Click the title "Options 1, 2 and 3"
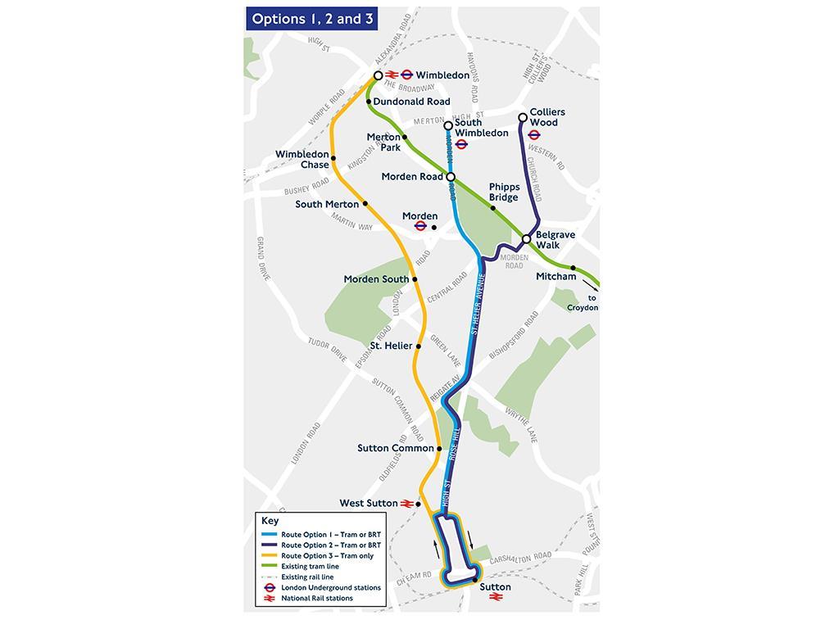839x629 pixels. pos(306,19)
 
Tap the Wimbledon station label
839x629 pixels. pos(442,75)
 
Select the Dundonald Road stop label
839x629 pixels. pos(411,102)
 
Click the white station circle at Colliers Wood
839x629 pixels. pos(523,118)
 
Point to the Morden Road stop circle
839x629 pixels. pos(451,176)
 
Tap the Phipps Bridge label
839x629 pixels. pos(504,192)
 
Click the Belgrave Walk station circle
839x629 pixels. pos(527,239)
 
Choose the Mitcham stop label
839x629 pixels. pos(556,277)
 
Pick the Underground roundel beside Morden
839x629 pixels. pos(419,226)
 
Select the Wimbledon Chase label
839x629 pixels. pos(302,159)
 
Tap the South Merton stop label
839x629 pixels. pos(327,204)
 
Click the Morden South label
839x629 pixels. pos(376,279)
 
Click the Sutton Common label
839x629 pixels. pos(396,449)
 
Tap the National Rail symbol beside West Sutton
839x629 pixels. pos(406,504)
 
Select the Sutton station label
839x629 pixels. pos(495,587)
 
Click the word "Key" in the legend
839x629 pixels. pos(270,521)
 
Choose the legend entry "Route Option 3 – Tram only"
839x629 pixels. pos(327,556)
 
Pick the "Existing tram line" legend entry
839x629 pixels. pos(310,567)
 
